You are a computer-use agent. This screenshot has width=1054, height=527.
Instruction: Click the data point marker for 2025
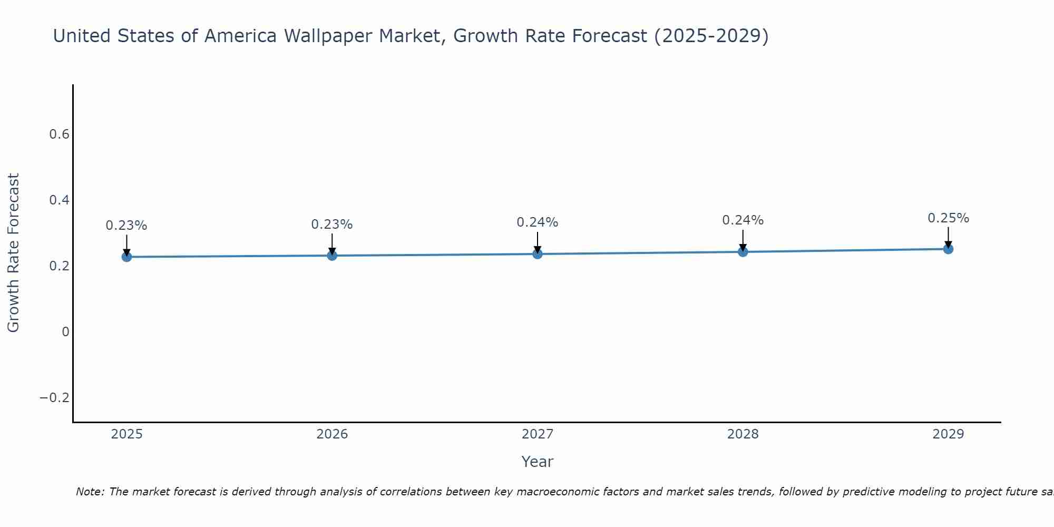pos(126,257)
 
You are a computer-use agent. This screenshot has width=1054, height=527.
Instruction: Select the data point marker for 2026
pos(332,256)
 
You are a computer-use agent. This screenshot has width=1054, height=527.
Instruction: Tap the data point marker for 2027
pos(538,254)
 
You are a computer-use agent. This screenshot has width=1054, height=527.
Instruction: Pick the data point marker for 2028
pos(743,252)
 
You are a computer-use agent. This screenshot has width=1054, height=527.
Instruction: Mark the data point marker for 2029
pos(948,249)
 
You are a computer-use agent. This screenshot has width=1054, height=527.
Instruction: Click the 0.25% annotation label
pos(948,218)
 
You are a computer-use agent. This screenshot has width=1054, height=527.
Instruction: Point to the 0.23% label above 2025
pos(126,226)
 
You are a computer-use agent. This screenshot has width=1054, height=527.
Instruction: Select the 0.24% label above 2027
pos(538,222)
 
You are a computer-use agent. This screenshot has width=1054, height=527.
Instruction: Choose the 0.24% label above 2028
pos(743,220)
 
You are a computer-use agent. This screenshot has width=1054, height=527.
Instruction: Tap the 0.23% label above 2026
pos(332,225)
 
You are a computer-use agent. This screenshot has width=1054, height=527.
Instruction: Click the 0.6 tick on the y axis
pos(60,134)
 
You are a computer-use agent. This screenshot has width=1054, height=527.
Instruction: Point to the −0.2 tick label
pos(55,397)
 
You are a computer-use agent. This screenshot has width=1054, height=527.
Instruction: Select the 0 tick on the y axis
pos(65,332)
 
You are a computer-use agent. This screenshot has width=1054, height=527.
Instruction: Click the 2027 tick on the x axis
pos(538,434)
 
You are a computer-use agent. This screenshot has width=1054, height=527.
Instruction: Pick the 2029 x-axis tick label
pos(948,434)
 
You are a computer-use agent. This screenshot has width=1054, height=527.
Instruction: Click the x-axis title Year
pos(538,462)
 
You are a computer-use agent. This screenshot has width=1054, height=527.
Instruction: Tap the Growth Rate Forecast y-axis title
pos(13,253)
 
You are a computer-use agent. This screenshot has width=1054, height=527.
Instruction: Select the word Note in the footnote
pos(90,492)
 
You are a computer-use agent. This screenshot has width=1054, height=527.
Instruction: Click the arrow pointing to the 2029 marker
pos(948,237)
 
